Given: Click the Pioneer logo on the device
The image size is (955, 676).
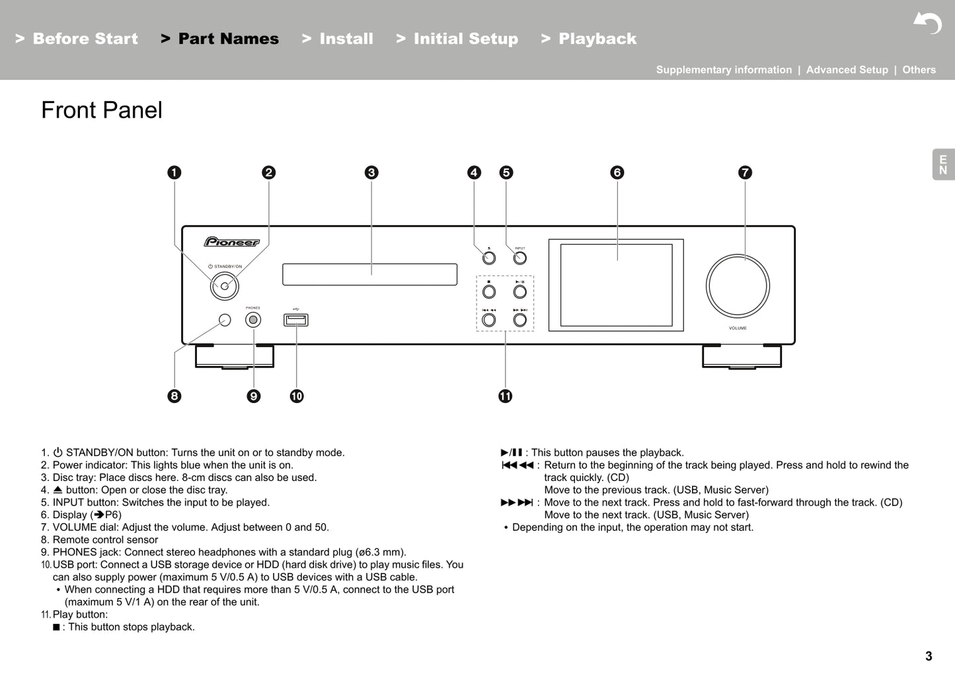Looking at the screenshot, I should pyautogui.click(x=231, y=242).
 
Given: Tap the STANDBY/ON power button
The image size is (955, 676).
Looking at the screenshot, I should pyautogui.click(x=225, y=286).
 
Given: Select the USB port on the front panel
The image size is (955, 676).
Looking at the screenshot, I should pyautogui.click(x=296, y=320).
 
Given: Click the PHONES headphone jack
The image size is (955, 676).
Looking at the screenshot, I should pyautogui.click(x=253, y=320).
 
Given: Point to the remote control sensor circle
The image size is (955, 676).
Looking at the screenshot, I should pyautogui.click(x=225, y=320).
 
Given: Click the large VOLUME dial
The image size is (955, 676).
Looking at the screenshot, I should pyautogui.click(x=738, y=286).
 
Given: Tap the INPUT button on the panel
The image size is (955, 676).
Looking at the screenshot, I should pyautogui.click(x=520, y=258).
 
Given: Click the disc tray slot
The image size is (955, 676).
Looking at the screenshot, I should pyautogui.click(x=369, y=274).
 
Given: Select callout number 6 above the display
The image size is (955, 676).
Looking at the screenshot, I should pyautogui.click(x=617, y=172).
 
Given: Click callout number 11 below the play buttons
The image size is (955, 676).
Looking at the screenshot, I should pyautogui.click(x=506, y=396).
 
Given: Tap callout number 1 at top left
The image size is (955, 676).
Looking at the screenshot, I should pyautogui.click(x=174, y=172).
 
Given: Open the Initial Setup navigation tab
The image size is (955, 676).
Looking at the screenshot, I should pyautogui.click(x=465, y=39).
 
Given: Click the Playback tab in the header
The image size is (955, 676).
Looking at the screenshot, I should pyautogui.click(x=597, y=39).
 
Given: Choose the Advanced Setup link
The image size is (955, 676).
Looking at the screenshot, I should pyautogui.click(x=847, y=70).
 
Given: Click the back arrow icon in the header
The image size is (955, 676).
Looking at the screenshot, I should pyautogui.click(x=928, y=23).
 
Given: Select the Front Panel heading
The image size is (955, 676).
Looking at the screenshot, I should pyautogui.click(x=102, y=110).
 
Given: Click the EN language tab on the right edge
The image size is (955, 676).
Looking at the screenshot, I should pyautogui.click(x=943, y=165).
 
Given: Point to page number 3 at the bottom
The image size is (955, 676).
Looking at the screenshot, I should pyautogui.click(x=929, y=656).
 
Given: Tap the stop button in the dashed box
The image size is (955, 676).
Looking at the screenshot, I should pyautogui.click(x=489, y=291).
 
